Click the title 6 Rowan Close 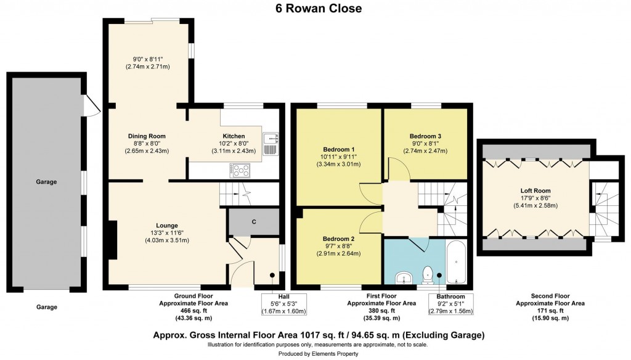(316, 9)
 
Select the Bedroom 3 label (425, 136)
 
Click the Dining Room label (147, 136)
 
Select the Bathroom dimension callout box (451, 304)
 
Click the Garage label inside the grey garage (46, 182)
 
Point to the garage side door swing (91, 106)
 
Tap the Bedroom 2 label (338, 239)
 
